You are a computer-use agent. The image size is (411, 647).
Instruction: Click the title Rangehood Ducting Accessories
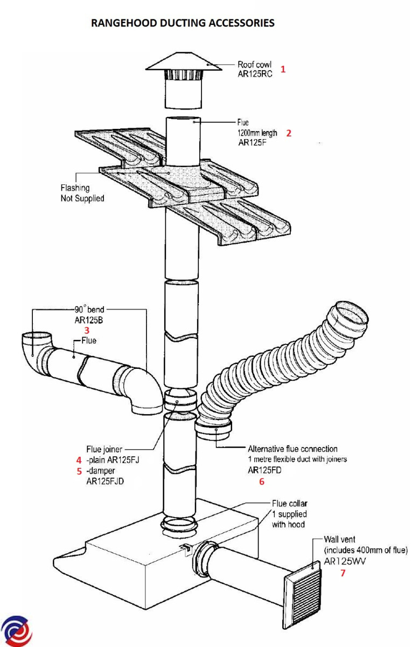coord(183,23)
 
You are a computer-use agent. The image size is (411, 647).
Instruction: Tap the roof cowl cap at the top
coord(183,63)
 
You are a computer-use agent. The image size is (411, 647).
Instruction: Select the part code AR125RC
coord(255,74)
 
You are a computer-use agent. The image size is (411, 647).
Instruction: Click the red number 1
coord(283,70)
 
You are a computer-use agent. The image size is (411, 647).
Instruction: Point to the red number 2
coord(289,133)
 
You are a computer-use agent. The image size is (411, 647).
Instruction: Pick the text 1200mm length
coord(256,133)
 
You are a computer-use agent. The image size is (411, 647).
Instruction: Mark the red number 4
coord(79,460)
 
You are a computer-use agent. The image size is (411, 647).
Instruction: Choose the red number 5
coord(79,471)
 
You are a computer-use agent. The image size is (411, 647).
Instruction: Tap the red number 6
coord(262,482)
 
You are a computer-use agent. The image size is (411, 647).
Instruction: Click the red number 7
coord(343,573)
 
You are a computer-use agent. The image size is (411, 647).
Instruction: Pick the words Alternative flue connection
coord(292,449)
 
